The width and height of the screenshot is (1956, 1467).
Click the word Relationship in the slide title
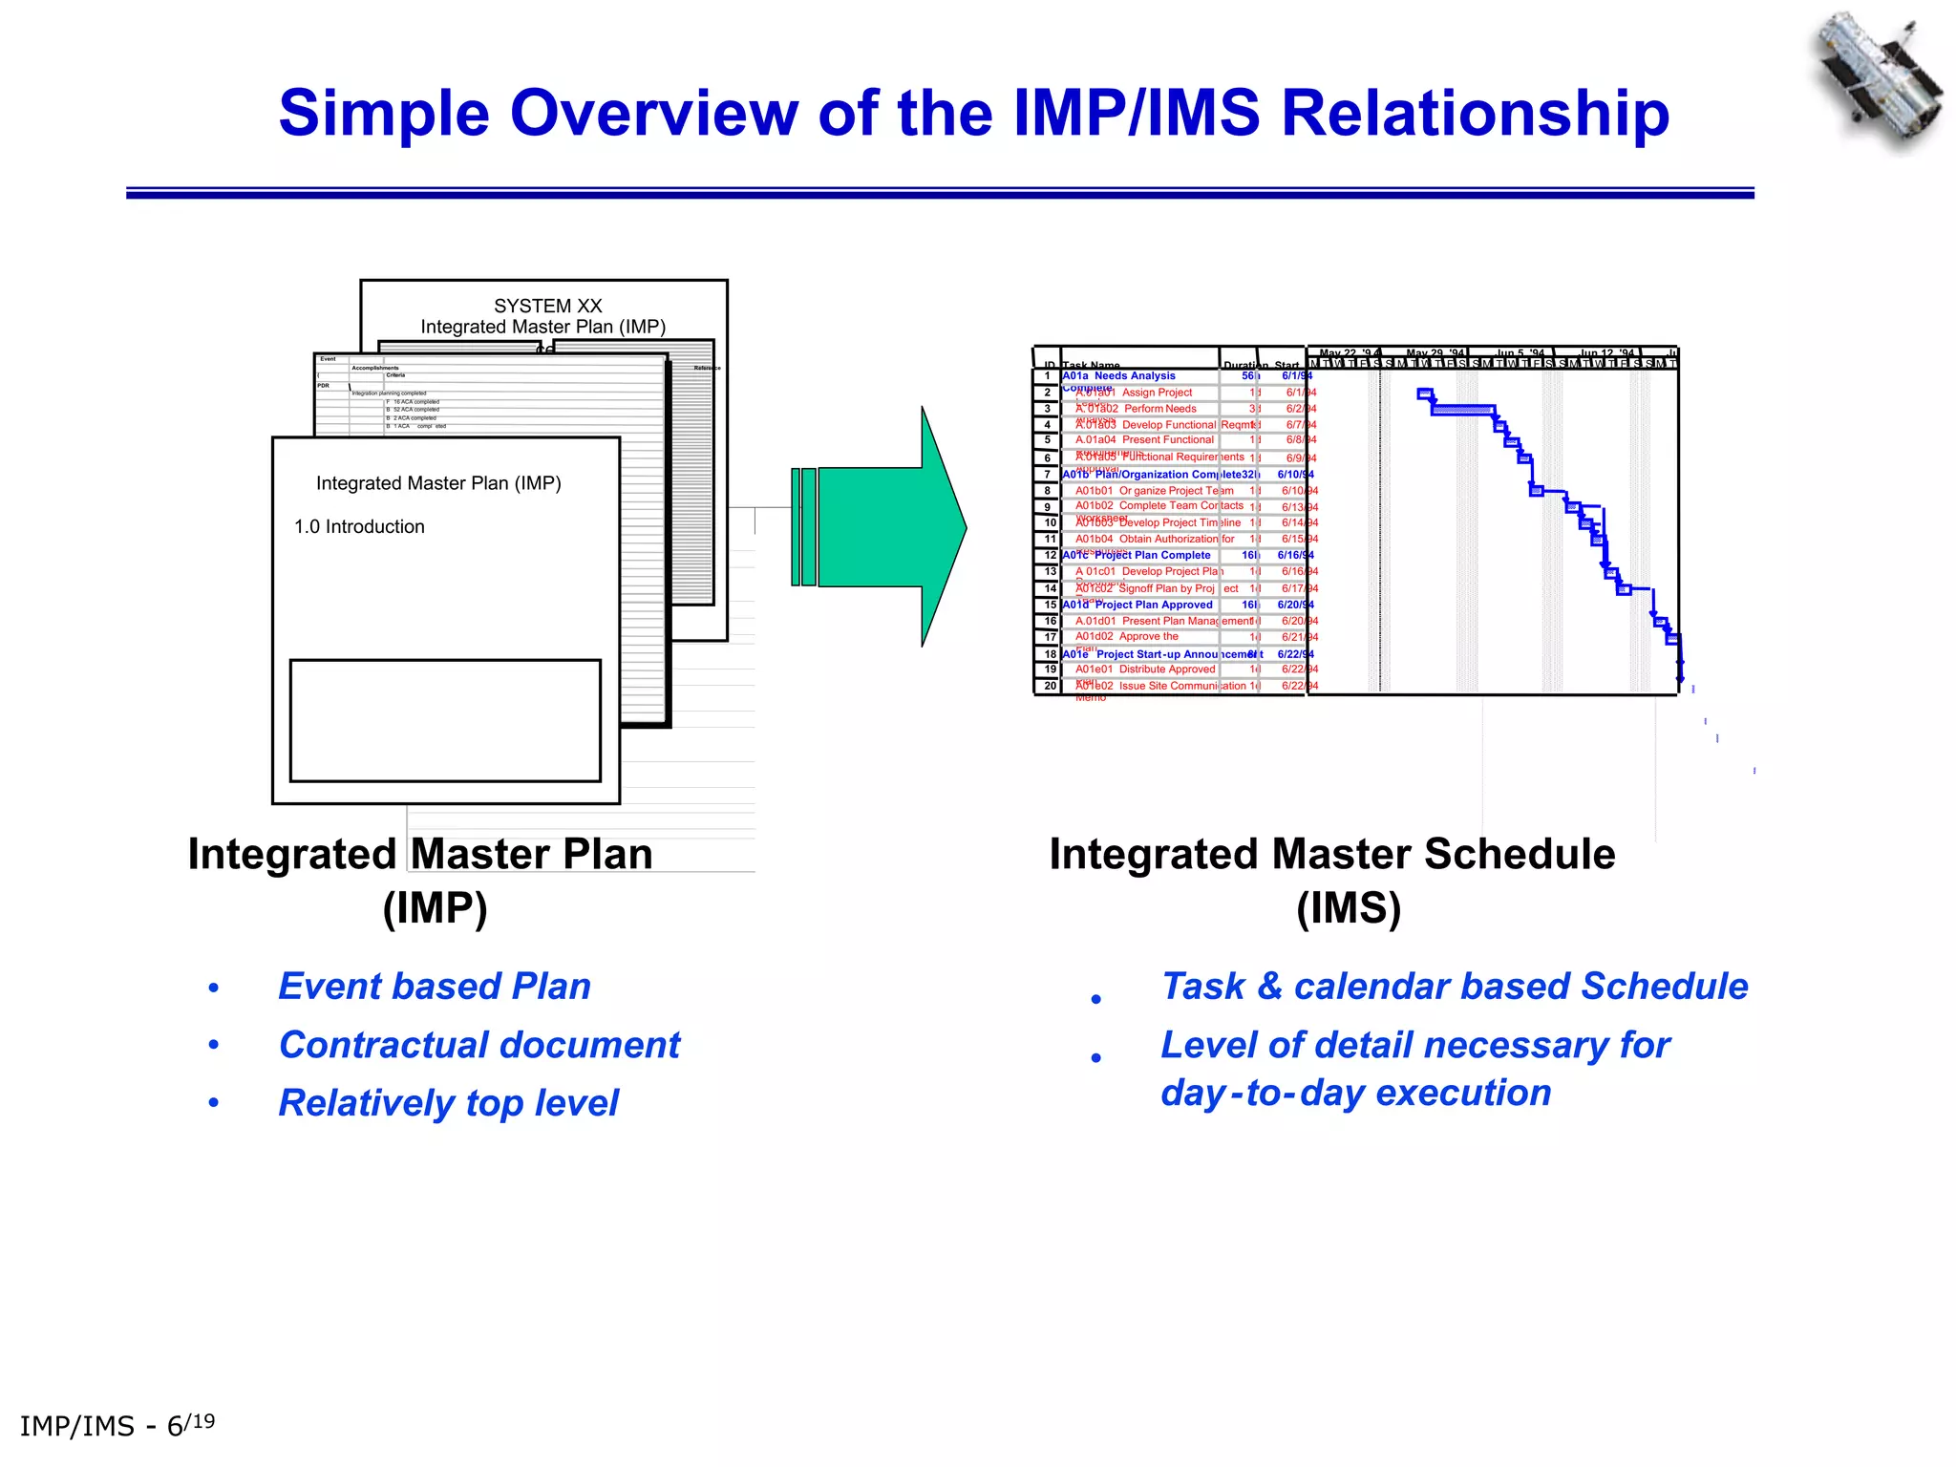1475,114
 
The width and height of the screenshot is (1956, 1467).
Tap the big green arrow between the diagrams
888,527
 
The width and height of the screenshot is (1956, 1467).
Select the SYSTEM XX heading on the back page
547,306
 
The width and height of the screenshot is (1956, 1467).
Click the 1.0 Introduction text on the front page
359,526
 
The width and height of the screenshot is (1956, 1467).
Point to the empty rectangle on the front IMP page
445,720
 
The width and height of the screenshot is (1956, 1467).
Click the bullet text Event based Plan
434,986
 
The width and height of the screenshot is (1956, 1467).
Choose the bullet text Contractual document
478,1045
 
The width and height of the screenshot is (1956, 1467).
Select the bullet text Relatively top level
448,1103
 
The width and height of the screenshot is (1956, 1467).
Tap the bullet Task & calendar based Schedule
1454,986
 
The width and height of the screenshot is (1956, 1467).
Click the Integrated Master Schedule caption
1331,854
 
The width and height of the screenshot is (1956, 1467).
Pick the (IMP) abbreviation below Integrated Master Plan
435,907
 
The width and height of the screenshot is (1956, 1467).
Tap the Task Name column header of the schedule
1091,365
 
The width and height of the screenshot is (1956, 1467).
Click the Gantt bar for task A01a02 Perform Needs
1462,410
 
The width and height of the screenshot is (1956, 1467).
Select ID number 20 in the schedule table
1049,686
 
